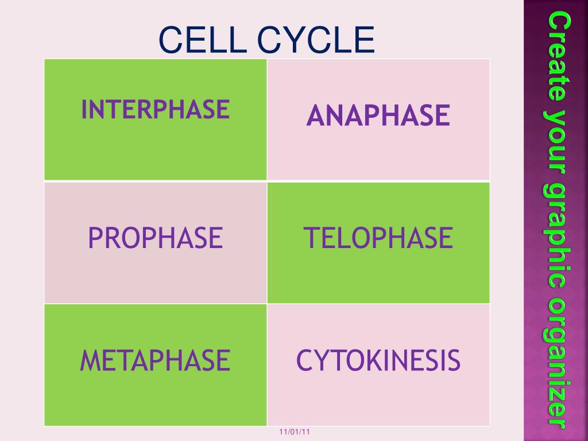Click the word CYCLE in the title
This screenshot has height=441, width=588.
(315, 40)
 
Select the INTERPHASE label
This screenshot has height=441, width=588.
(155, 109)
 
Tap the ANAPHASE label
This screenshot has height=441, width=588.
(378, 115)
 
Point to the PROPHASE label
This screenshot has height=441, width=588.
(155, 238)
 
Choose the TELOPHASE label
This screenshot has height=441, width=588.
(378, 238)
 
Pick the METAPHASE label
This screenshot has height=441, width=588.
(155, 360)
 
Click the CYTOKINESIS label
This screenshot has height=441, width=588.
(378, 360)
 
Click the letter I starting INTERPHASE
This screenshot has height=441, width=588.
(84, 109)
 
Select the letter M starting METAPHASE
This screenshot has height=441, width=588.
(88, 360)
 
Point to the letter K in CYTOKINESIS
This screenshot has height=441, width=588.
(370, 360)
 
